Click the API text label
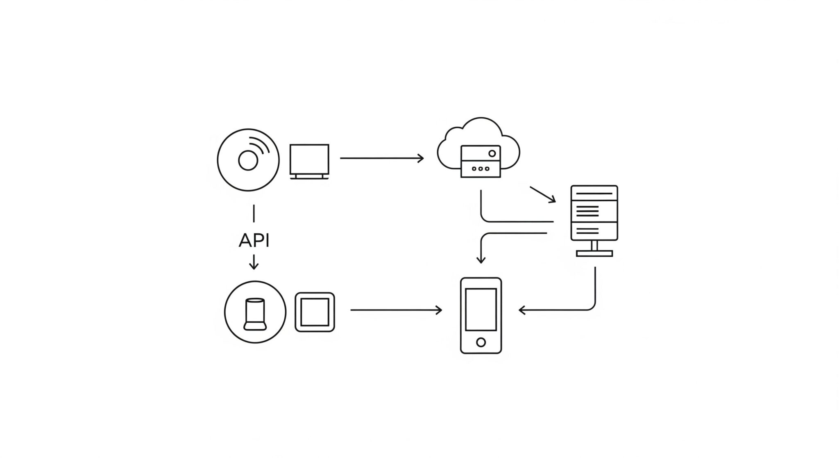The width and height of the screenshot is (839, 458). [x=254, y=240]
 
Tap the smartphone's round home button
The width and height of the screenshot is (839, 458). [x=481, y=342]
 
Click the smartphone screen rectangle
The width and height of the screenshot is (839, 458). [x=481, y=310]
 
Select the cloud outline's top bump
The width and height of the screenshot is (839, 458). [x=481, y=123]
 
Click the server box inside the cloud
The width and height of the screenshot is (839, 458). [x=481, y=161]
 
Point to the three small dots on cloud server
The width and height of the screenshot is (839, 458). [x=481, y=169]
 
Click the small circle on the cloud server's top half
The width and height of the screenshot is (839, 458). [x=492, y=153]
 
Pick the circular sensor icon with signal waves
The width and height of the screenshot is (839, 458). [x=248, y=160]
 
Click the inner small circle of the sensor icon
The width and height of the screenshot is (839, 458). [x=248, y=160]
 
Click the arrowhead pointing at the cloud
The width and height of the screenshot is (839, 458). [x=421, y=158]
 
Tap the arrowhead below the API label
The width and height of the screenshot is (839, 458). [x=254, y=267]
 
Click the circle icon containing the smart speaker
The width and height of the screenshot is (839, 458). [x=255, y=312]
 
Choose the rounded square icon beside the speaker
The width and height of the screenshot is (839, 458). [x=315, y=312]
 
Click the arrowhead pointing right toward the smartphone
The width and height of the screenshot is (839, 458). [x=439, y=310]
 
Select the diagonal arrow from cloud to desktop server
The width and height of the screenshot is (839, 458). [x=543, y=194]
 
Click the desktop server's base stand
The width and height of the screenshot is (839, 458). [x=594, y=253]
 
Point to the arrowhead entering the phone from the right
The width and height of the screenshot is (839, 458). [x=522, y=310]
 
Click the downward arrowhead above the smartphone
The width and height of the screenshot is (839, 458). [x=481, y=260]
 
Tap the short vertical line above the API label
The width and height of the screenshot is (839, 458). [x=254, y=214]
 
